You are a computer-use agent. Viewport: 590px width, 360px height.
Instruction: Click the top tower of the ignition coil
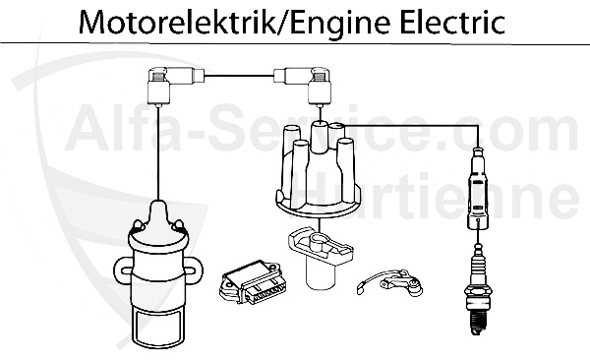(157, 212)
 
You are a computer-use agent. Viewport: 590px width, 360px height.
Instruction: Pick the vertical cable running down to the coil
(157, 148)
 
